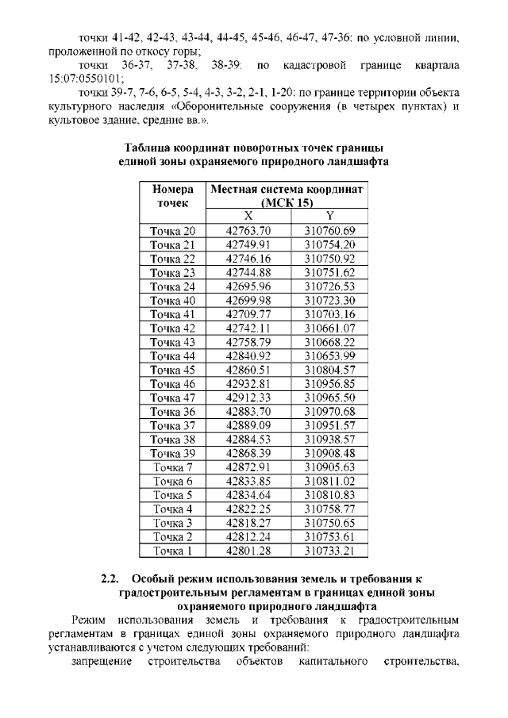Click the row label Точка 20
coord(172,231)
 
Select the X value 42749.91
coord(248,244)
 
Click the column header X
coord(248,217)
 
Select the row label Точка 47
coord(172,397)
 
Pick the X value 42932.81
coord(248,383)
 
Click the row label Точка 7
coord(172,467)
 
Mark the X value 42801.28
coord(248,550)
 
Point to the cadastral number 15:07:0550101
coord(87,79)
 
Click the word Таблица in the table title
coord(152,148)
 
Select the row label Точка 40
coord(172,300)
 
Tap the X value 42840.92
coord(248,355)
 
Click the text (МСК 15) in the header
coord(286,203)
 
